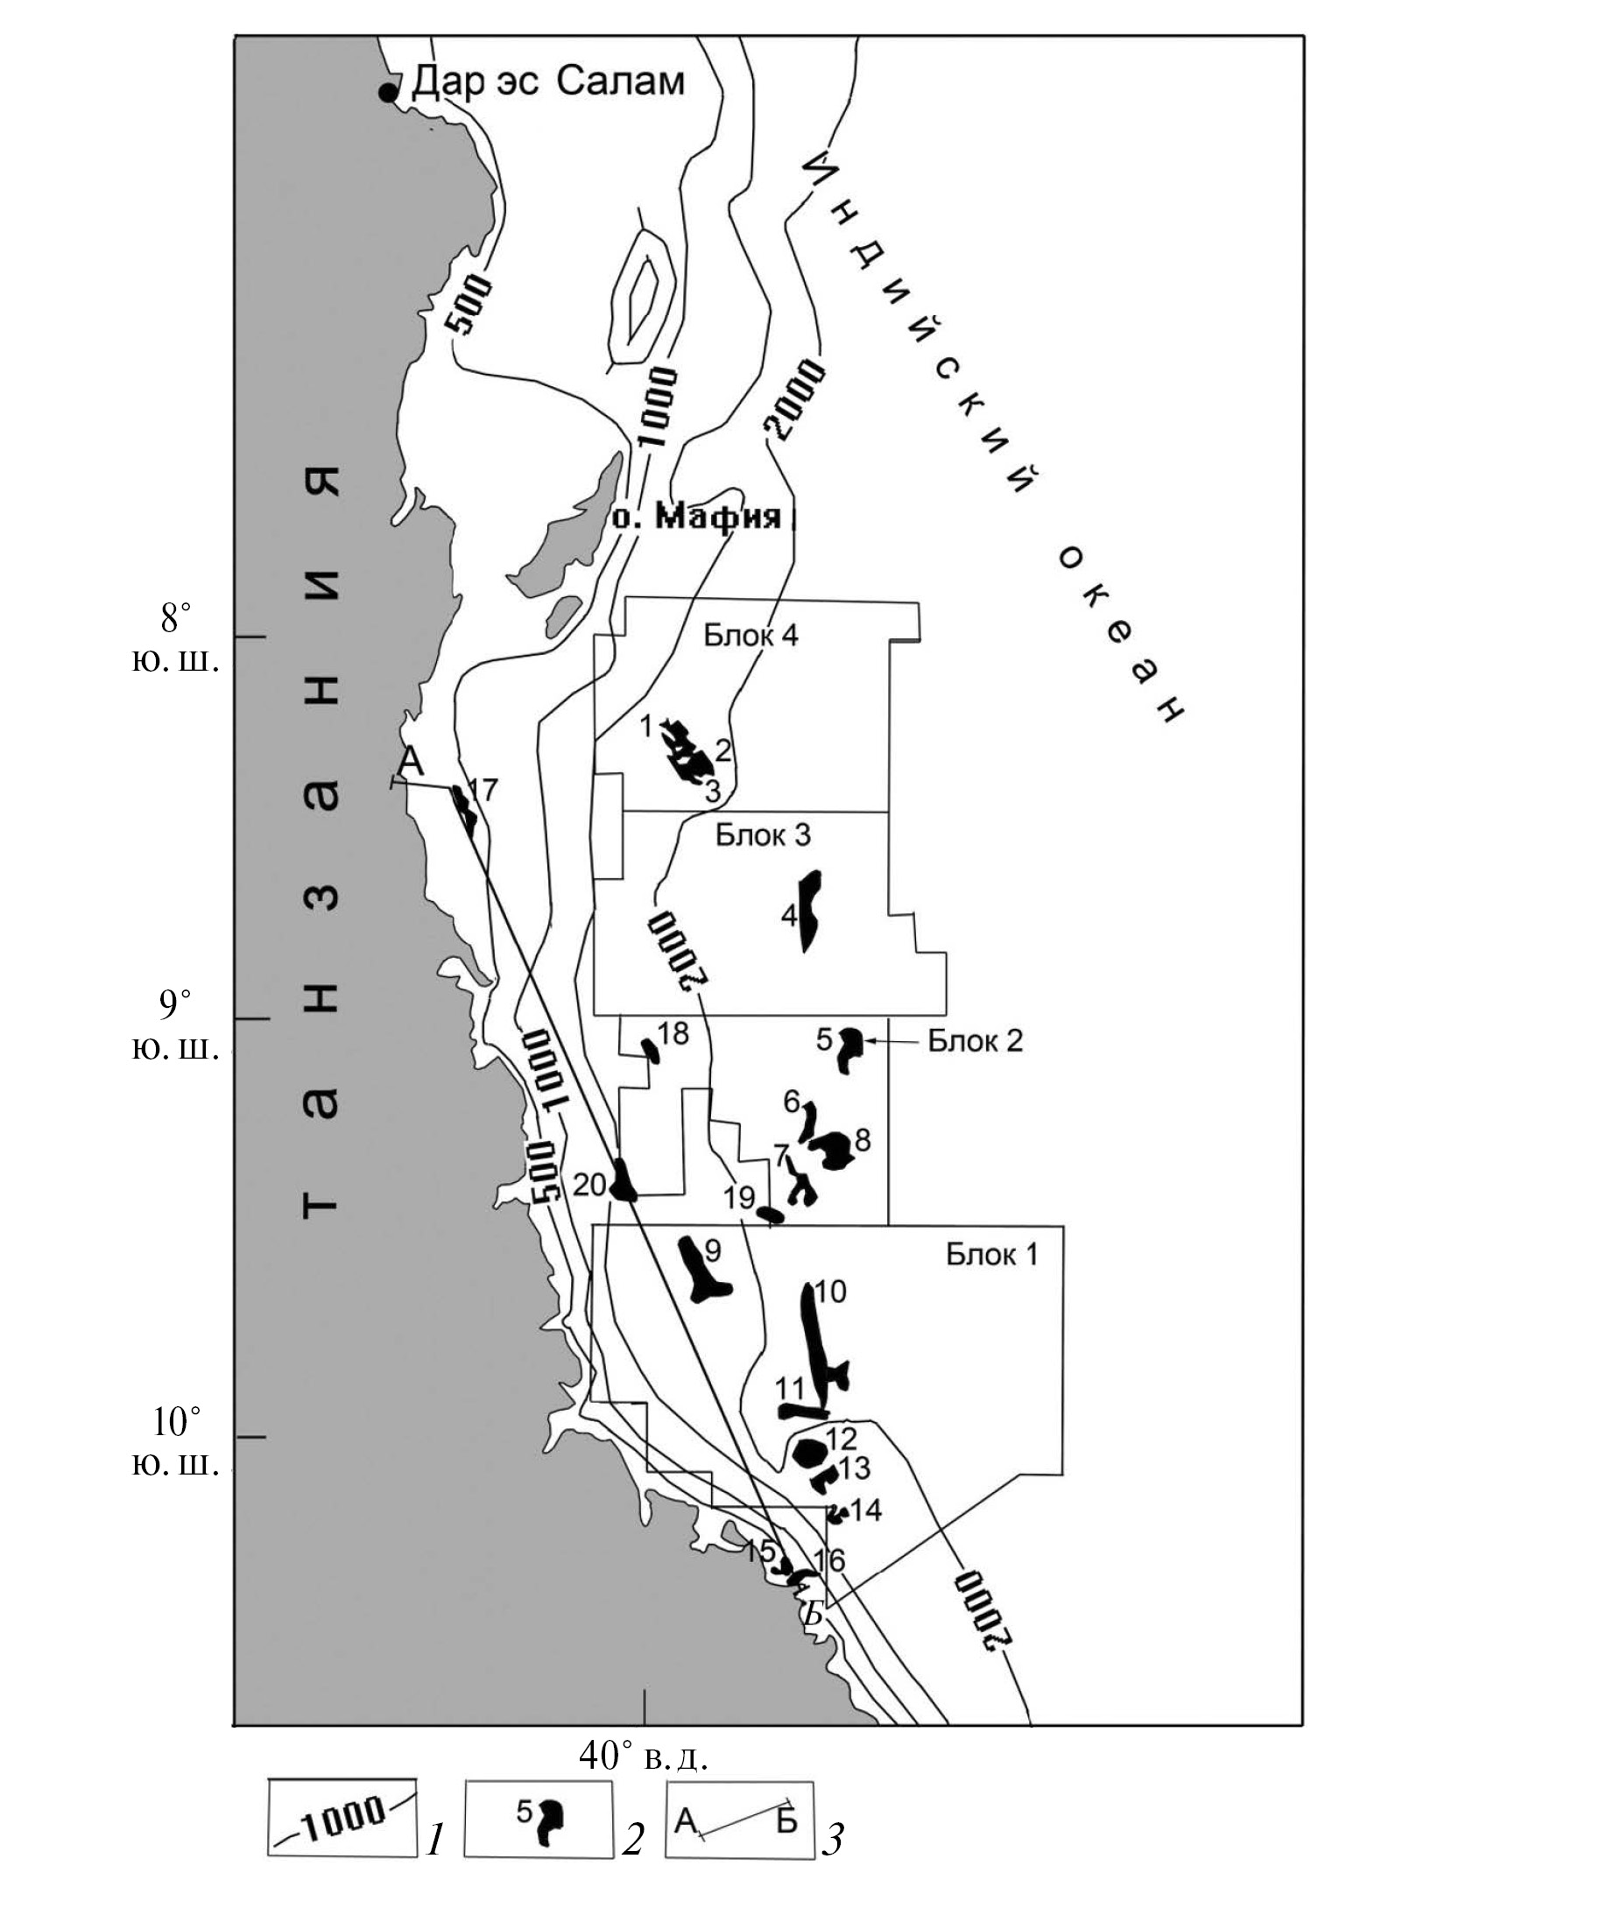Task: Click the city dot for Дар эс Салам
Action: (x=389, y=93)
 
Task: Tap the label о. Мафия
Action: (x=697, y=517)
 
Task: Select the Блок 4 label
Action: (x=751, y=635)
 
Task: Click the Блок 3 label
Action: (x=763, y=835)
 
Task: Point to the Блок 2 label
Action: (x=976, y=1040)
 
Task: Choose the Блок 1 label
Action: (x=992, y=1254)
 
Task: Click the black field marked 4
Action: (x=810, y=911)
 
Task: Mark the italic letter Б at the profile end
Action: (x=813, y=1616)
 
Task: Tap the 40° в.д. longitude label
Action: (x=645, y=1757)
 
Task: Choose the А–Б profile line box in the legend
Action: (x=739, y=1820)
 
